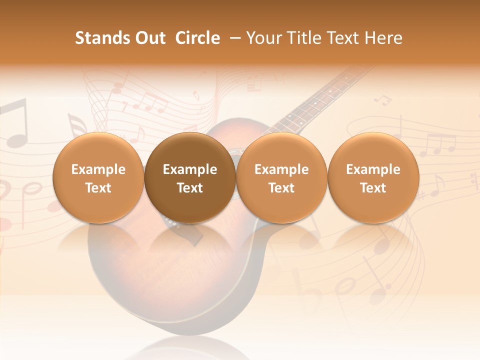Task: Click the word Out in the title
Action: coord(149,38)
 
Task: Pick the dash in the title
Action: coord(233,38)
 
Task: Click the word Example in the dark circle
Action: coord(190,169)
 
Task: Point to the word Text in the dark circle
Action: coord(190,188)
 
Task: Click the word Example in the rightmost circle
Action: coord(373,169)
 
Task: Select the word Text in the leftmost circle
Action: coord(98,188)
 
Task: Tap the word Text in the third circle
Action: coord(281,188)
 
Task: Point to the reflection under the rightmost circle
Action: coord(373,240)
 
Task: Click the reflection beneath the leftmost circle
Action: coord(98,240)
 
